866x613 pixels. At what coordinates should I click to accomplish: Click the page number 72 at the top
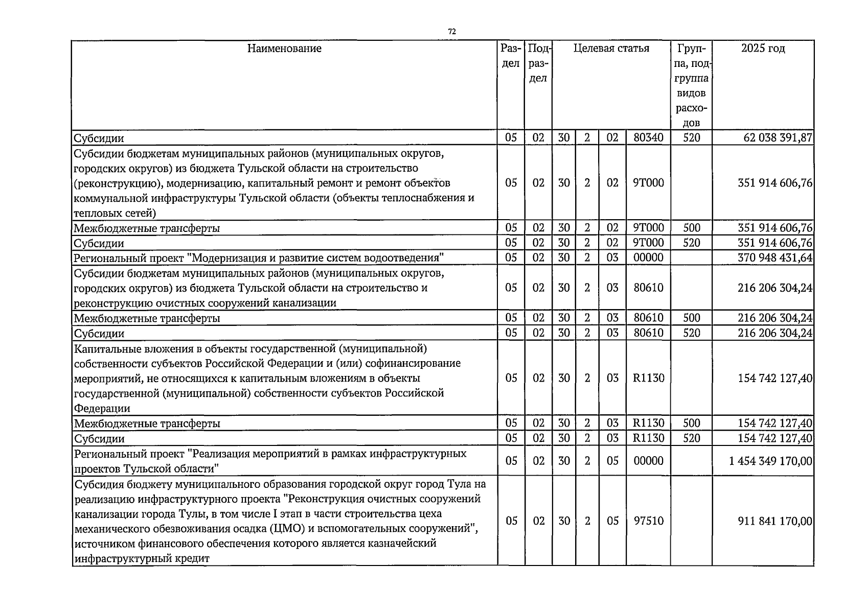pyautogui.click(x=452, y=32)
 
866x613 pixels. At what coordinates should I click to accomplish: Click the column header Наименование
pyautogui.click(x=284, y=49)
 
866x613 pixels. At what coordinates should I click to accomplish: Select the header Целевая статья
pyautogui.click(x=611, y=49)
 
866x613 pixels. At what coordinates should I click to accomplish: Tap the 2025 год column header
pyautogui.click(x=763, y=49)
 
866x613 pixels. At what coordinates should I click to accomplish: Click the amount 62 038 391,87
pyautogui.click(x=778, y=138)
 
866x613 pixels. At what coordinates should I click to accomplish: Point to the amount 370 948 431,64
pyautogui.click(x=775, y=257)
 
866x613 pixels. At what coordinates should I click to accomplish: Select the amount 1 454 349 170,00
pyautogui.click(x=770, y=461)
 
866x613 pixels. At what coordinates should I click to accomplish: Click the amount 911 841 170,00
pyautogui.click(x=775, y=521)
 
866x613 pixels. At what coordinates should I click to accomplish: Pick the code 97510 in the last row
pyautogui.click(x=648, y=521)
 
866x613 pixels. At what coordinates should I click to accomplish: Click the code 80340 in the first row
pyautogui.click(x=648, y=138)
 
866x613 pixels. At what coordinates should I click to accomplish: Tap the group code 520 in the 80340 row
pyautogui.click(x=691, y=138)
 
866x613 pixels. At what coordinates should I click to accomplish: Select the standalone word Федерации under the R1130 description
pyautogui.click(x=102, y=409)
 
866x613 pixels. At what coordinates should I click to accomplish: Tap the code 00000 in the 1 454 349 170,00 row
pyautogui.click(x=648, y=461)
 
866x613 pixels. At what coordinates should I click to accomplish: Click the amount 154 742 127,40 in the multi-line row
pyautogui.click(x=775, y=378)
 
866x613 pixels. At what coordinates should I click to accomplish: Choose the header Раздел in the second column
pyautogui.click(x=511, y=56)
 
